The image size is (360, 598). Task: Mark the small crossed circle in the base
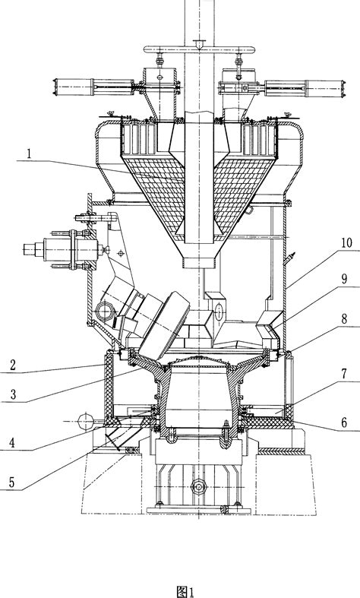click(x=198, y=484)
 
